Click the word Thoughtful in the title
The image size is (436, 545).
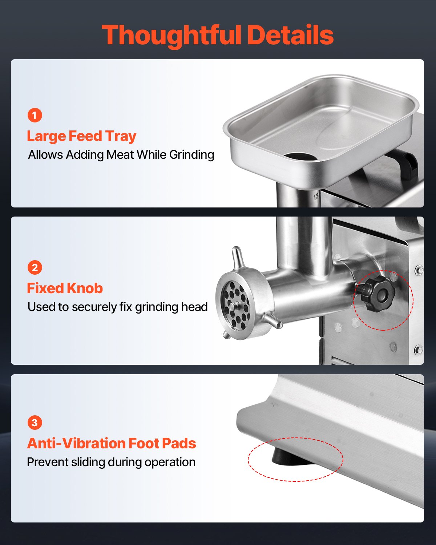coord(171,36)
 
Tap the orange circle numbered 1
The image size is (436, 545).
coord(35,115)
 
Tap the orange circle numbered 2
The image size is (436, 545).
coord(35,267)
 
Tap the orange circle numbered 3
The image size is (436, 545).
coord(35,423)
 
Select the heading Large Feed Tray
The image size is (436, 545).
coord(82,137)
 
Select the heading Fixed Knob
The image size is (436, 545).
coord(65,288)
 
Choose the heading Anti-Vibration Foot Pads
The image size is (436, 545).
coord(112,443)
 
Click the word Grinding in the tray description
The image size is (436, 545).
coord(192,155)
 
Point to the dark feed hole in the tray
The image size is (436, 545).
coord(300,157)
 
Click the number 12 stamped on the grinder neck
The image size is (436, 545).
coord(316,197)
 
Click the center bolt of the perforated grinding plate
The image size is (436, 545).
coord(235,306)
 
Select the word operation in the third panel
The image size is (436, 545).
coord(170,463)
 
